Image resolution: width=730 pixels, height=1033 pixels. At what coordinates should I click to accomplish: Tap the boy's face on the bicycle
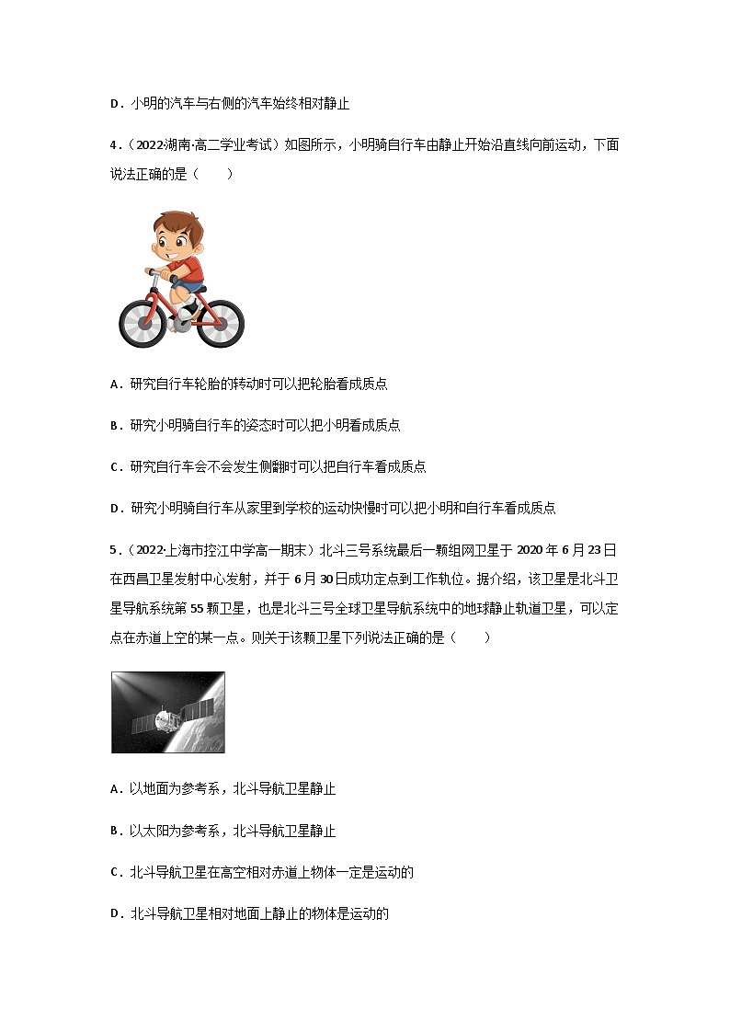[x=172, y=243]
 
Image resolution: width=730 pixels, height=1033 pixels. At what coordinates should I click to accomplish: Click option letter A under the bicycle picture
[x=115, y=385]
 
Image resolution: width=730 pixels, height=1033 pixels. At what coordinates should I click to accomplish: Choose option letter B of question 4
[x=115, y=426]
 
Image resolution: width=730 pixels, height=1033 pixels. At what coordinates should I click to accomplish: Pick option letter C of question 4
[x=115, y=467]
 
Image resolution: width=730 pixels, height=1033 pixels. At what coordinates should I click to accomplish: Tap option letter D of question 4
[x=115, y=509]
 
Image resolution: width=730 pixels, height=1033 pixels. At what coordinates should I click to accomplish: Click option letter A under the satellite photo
[x=115, y=789]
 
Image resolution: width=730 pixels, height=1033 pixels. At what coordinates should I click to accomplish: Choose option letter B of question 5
[x=115, y=832]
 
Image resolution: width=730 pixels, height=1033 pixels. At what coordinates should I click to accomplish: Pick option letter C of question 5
[x=115, y=873]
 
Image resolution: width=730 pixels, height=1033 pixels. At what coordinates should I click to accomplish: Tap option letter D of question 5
[x=115, y=914]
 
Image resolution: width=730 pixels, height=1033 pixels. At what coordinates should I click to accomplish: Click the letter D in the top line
[x=115, y=104]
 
